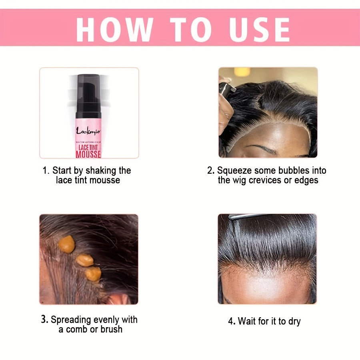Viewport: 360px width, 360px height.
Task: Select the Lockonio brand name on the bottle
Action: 89,130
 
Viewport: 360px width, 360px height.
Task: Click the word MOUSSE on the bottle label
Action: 89,154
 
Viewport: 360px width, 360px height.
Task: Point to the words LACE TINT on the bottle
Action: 89,147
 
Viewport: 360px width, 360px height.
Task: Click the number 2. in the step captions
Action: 211,171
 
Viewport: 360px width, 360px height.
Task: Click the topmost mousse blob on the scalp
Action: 66,244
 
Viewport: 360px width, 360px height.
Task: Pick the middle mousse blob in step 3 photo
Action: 85,260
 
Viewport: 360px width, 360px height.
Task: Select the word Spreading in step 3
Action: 71,320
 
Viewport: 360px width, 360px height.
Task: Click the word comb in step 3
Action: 77,330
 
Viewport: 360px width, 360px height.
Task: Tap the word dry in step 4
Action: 294,321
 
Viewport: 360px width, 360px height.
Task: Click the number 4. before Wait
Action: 232,321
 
